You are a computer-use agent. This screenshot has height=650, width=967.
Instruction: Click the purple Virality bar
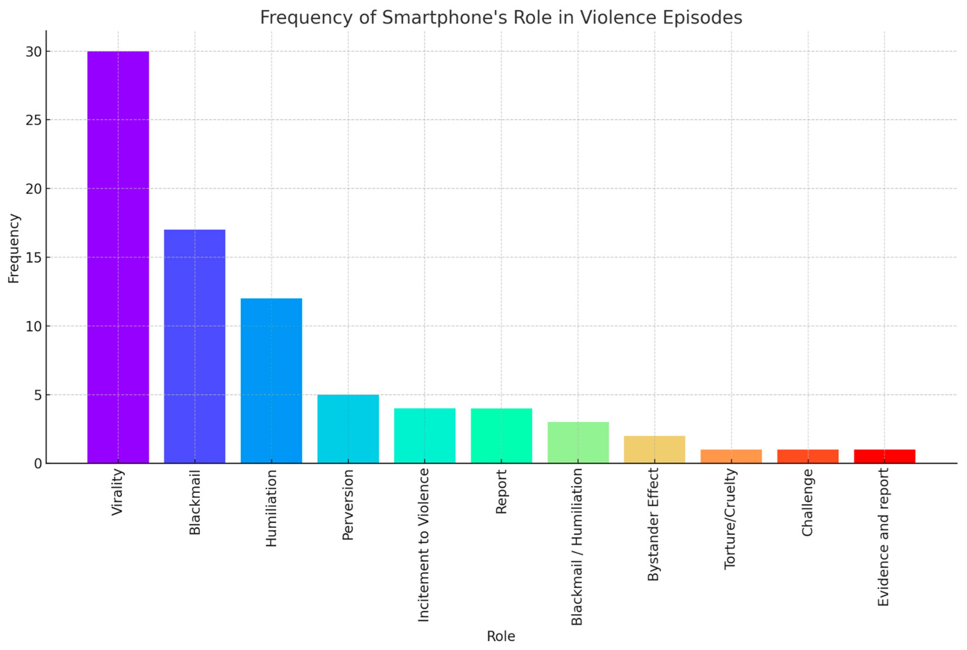coord(118,257)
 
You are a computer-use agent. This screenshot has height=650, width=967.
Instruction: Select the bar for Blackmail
coord(195,346)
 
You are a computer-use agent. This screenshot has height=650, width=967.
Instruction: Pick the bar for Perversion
coord(348,429)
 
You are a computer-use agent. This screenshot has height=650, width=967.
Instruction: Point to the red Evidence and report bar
coord(885,456)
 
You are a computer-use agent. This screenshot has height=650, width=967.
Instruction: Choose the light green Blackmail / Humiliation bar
coord(578,442)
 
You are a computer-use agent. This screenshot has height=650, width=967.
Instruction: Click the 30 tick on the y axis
coord(34,52)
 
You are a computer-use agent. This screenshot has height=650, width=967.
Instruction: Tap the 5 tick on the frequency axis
coord(38,395)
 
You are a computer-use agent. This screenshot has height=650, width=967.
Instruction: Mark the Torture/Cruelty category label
coord(730,519)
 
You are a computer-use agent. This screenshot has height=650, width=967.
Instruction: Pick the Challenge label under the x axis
coord(807,503)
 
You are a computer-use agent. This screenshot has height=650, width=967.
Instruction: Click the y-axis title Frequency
coord(14,249)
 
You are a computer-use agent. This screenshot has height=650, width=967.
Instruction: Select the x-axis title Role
coord(501,636)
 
